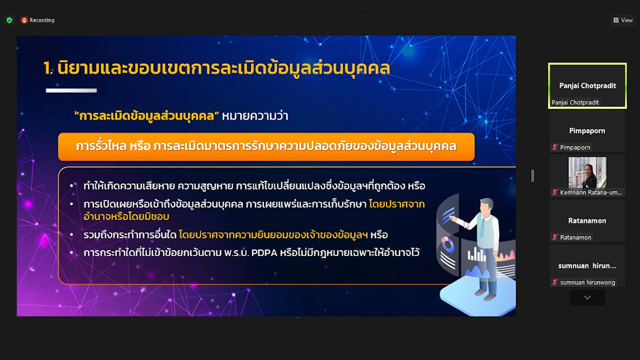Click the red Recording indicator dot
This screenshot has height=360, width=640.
click(24, 20)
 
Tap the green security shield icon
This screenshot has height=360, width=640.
click(9, 20)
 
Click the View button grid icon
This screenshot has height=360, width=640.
click(616, 20)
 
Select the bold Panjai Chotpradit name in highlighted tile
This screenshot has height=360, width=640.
click(588, 85)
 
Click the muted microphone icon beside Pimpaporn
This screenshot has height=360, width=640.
click(555, 147)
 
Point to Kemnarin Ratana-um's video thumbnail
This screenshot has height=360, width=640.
click(587, 172)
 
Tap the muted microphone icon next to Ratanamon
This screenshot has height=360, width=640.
click(555, 237)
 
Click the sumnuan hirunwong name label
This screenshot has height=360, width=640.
click(588, 282)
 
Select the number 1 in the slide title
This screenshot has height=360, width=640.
click(47, 68)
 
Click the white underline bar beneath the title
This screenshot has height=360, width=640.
click(71, 90)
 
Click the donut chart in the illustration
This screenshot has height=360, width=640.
click(447, 245)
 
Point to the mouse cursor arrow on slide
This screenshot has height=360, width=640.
click(466, 225)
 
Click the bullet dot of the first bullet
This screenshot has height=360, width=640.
click(71, 186)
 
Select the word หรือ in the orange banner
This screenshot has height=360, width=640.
click(140, 146)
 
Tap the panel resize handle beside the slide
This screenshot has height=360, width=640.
click(533, 176)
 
